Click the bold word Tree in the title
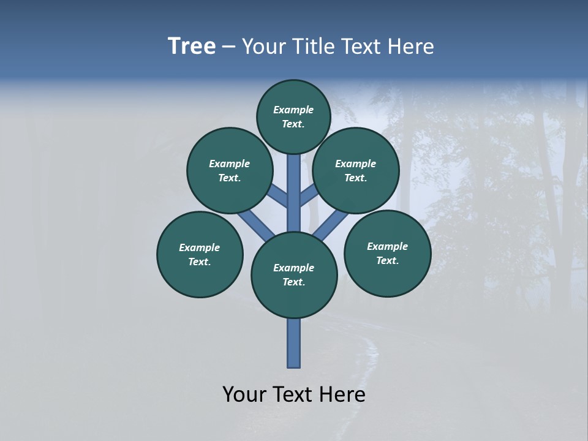pos(192,47)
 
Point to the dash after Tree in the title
pos(228,47)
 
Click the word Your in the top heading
pos(263,47)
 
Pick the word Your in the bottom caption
pos(245,394)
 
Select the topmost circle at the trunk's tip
pos(293,116)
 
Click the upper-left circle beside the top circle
pos(230,170)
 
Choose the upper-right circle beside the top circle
pos(356,170)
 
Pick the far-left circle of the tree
pos(200,254)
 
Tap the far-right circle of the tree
pos(387,253)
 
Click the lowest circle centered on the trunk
pos(294,275)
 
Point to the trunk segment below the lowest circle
pos(294,343)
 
